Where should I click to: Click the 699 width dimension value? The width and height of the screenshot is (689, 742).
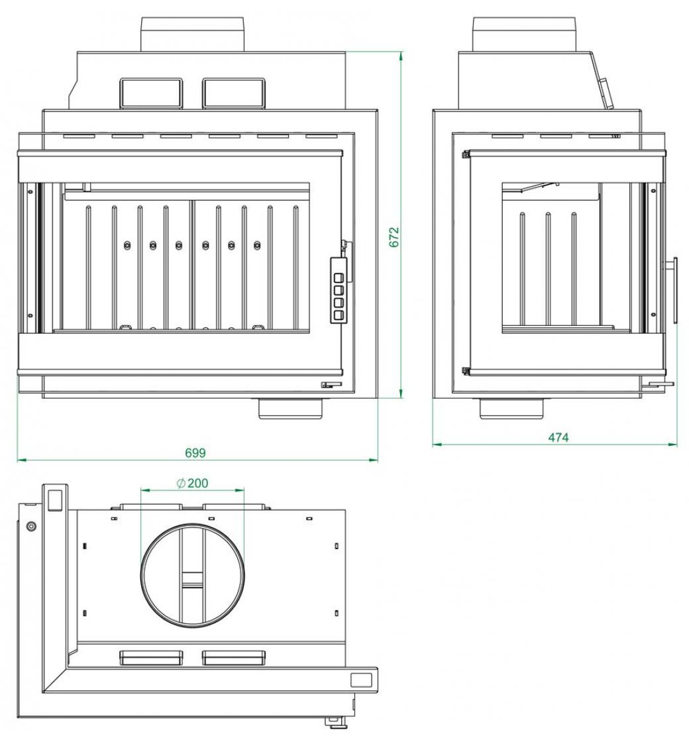pos(195,453)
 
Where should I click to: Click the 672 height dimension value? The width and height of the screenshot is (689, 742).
pos(394,237)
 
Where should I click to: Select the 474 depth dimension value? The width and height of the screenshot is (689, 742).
pos(558,438)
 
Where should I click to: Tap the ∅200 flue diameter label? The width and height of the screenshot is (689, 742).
pos(191,483)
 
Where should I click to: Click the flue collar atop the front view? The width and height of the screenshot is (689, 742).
pos(193,34)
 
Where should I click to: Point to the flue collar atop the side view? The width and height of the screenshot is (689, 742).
pos(524,34)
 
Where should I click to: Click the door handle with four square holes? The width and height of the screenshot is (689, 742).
pos(339,291)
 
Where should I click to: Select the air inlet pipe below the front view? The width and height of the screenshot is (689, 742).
pos(291,408)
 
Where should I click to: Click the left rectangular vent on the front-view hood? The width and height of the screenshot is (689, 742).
pos(151,93)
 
